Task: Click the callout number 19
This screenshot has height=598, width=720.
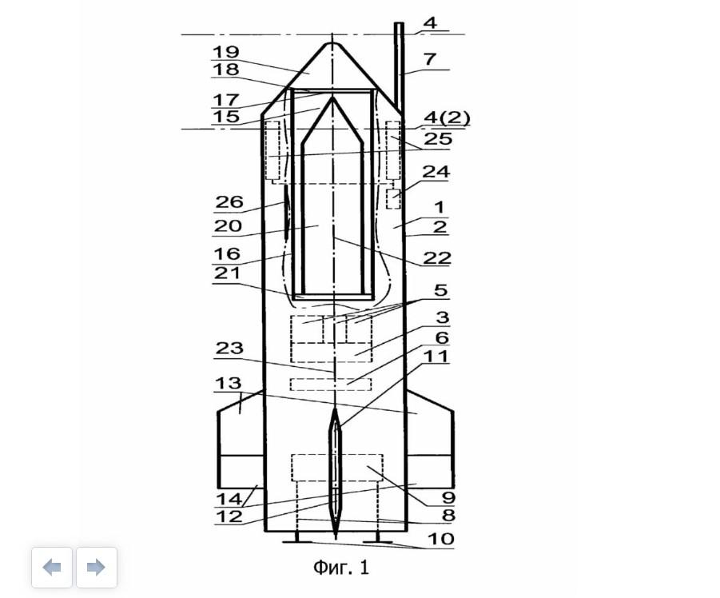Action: click(x=225, y=52)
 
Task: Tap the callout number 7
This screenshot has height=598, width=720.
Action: click(x=430, y=59)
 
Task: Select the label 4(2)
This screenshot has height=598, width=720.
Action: click(x=447, y=118)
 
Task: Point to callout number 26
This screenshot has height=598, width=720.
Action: click(x=229, y=202)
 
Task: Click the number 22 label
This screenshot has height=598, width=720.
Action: click(x=436, y=257)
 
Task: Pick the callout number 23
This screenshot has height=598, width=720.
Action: click(x=229, y=348)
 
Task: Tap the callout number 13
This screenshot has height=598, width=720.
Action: click(x=229, y=383)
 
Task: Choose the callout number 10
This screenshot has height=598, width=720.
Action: click(x=441, y=538)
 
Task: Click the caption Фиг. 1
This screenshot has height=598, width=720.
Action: click(x=341, y=568)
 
